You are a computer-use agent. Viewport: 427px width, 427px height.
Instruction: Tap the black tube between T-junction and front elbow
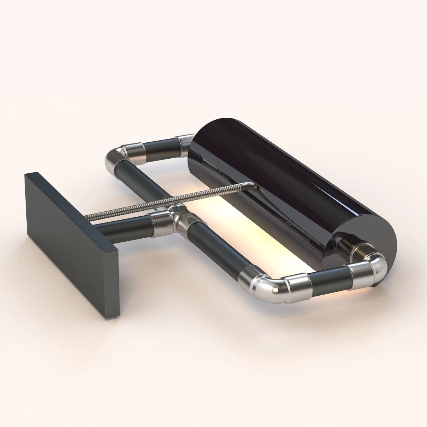pyautogui.click(x=217, y=249)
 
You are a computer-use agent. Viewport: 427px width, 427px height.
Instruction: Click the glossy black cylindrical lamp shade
pyautogui.click(x=285, y=178)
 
